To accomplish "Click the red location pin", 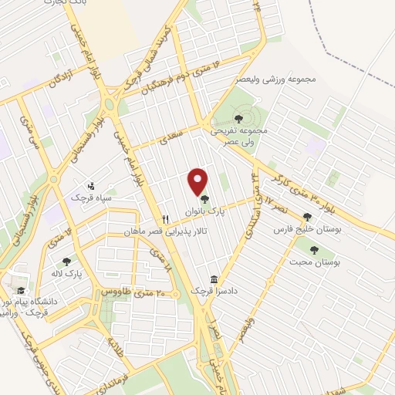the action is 199,181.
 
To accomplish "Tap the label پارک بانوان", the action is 203,210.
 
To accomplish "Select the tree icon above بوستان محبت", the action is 313,250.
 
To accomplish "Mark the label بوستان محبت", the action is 319,263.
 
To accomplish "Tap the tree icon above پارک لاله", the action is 66,262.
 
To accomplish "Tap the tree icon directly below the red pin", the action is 203,198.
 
